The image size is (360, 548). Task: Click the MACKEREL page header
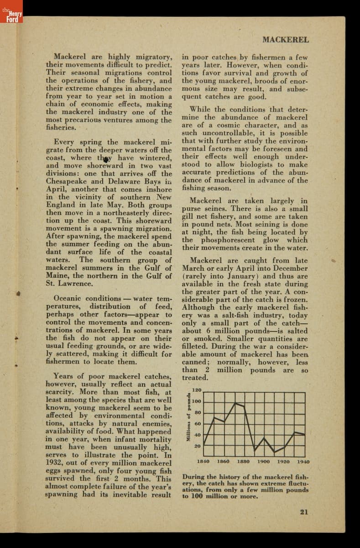point(286,39)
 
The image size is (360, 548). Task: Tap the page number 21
point(304,511)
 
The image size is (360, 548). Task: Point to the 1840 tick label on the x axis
point(203,462)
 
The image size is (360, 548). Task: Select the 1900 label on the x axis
point(263,462)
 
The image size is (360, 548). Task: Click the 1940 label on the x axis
point(303,462)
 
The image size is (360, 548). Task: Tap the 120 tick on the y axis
point(196,390)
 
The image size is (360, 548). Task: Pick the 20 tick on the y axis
point(198,446)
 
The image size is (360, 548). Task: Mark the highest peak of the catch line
point(235,403)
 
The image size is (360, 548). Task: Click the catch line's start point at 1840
point(203,444)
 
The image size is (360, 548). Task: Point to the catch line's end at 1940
point(305,434)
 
